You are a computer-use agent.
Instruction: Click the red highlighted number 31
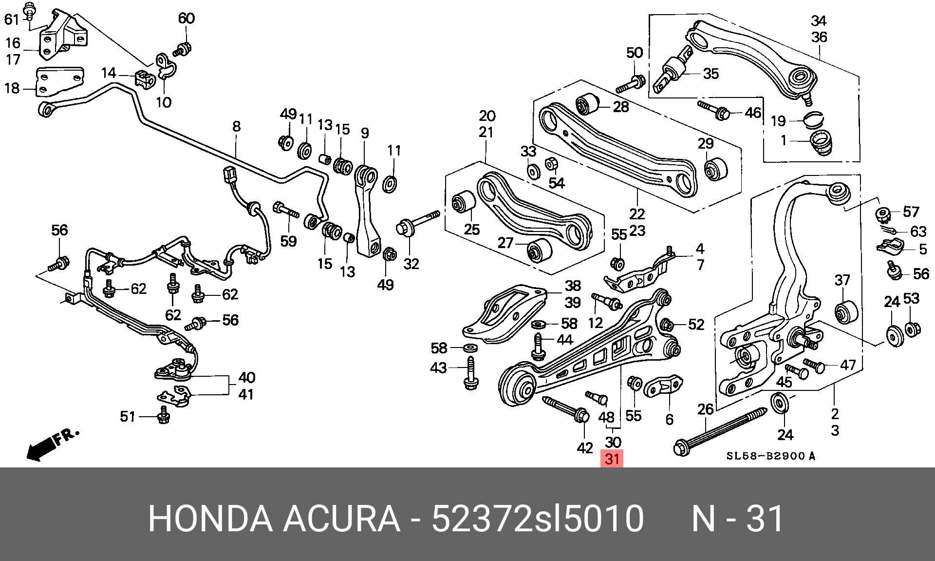pyautogui.click(x=612, y=459)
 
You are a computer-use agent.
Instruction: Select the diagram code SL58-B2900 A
pyautogui.click(x=770, y=457)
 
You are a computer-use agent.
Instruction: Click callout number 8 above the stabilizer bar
pyautogui.click(x=236, y=126)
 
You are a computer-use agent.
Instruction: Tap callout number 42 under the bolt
pyautogui.click(x=584, y=448)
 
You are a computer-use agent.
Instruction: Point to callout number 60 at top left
pyautogui.click(x=187, y=18)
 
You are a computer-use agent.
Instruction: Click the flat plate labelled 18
pyautogui.click(x=59, y=81)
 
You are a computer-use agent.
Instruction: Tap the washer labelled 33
pyautogui.click(x=533, y=172)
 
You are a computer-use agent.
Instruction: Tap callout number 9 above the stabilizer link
pyautogui.click(x=365, y=133)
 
